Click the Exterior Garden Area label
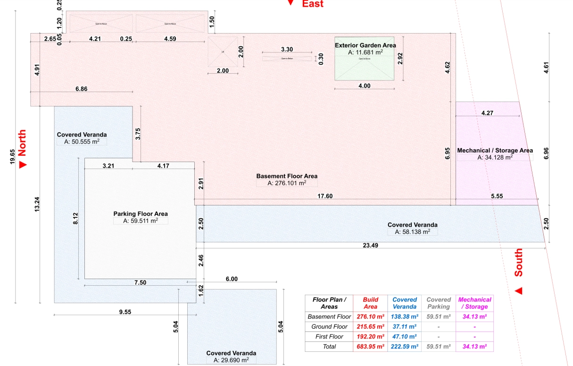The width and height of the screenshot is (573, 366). point(365,45)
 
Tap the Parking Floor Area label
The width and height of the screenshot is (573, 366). point(141,213)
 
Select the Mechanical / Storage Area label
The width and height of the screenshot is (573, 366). point(495,151)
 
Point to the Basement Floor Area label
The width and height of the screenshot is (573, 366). point(287,176)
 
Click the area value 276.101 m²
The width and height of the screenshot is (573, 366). point(287,183)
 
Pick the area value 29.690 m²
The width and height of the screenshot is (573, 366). point(231,360)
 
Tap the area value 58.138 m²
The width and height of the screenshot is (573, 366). point(412,232)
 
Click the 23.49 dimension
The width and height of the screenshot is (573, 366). point(370,246)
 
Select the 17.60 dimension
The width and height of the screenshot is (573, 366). point(325,196)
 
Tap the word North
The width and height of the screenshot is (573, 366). point(22,143)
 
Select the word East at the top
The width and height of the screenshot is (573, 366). point(313,4)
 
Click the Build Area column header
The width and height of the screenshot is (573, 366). point(370,303)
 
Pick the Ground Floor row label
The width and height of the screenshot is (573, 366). point(329,327)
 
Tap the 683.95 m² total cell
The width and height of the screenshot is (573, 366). point(370,347)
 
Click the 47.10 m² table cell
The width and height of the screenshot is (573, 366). point(405,337)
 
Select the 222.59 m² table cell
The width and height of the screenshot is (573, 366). point(405,347)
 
